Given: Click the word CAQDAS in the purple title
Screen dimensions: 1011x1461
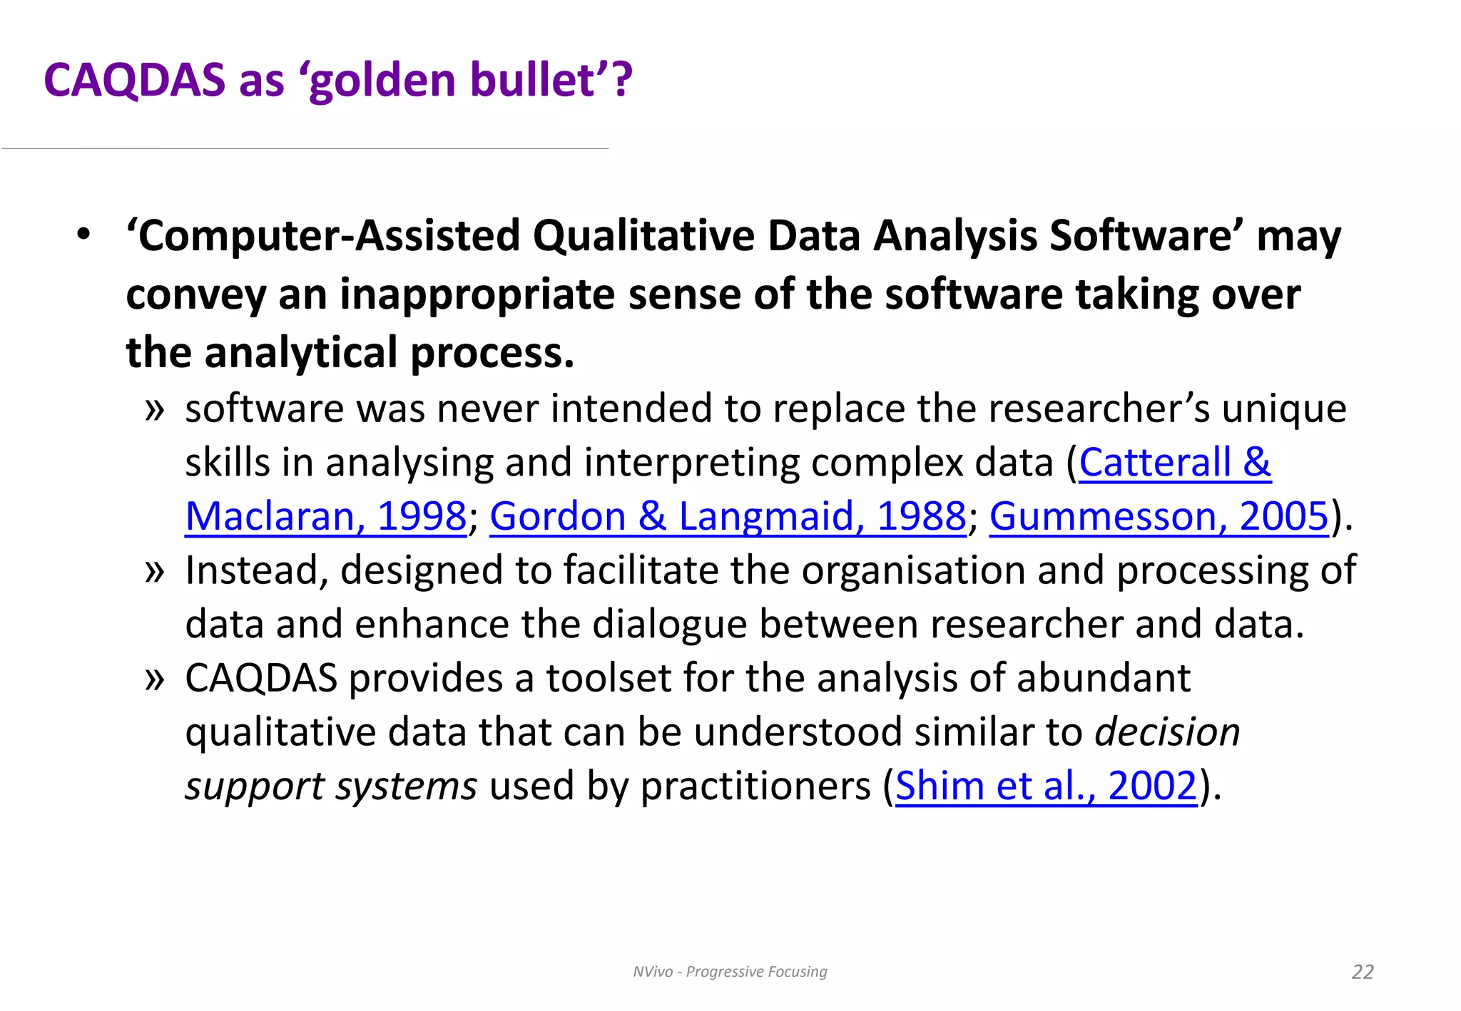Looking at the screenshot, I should (x=134, y=80).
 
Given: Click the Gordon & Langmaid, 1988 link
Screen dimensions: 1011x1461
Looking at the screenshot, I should (x=728, y=516).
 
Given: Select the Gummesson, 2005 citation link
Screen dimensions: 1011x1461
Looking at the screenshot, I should (x=1159, y=516).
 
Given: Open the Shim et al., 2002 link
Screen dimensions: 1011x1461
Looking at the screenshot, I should (x=1046, y=786).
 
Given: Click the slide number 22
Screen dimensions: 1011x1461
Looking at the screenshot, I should (x=1362, y=972).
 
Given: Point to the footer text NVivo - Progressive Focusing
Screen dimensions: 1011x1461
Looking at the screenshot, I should (x=730, y=972).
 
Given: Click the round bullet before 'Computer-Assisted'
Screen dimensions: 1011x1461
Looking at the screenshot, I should (x=84, y=235).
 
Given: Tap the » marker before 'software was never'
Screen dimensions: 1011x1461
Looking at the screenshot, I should (x=155, y=409).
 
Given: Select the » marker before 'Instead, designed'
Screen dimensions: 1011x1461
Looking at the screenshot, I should (x=155, y=571).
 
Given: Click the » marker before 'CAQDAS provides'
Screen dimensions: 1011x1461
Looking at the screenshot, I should (x=155, y=679).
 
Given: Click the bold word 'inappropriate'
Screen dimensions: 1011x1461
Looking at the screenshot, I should (x=477, y=294).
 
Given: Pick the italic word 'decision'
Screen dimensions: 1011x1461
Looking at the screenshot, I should (x=1167, y=732).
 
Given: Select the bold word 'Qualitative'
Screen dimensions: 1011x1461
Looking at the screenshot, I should (x=643, y=236).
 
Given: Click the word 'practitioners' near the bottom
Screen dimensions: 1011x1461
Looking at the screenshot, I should (x=755, y=786).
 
